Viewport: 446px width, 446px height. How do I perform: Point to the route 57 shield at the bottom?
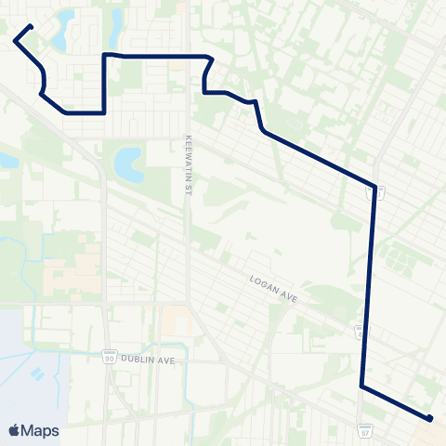363,430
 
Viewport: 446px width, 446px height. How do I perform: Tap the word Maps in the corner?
42,430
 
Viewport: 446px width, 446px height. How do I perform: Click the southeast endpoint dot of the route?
429,418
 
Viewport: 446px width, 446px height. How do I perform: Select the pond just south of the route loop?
127,164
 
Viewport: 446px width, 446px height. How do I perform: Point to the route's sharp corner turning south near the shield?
374,184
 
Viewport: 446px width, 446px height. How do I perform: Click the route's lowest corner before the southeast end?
361,385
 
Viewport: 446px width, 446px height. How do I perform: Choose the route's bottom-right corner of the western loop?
103,112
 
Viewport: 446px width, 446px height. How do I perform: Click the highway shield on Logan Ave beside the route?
360,330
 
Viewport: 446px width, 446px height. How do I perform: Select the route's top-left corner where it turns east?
103,56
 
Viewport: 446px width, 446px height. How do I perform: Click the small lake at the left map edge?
7,159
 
